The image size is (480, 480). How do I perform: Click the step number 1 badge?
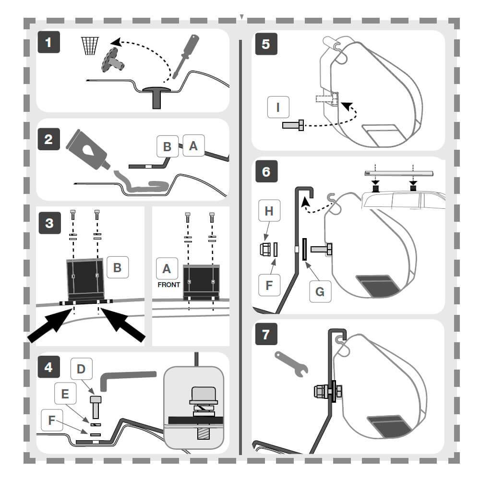[48, 43]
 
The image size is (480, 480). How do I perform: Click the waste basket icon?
[90, 46]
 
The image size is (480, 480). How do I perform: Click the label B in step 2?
[168, 146]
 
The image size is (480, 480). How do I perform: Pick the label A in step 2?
[193, 145]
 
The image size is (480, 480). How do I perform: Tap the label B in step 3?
[118, 268]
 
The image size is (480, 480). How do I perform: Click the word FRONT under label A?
[168, 285]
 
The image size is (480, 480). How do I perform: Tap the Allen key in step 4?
[125, 379]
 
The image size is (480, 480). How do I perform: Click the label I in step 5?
[278, 107]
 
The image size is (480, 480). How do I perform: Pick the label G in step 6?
[320, 291]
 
